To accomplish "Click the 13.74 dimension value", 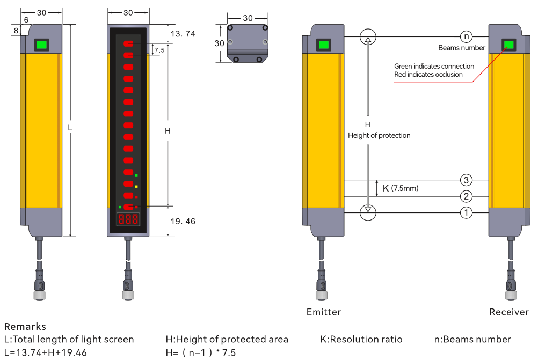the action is (x=183, y=34).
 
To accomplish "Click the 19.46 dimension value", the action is (x=183, y=221).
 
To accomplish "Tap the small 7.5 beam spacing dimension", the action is (x=159, y=50).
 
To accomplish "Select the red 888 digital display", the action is (x=128, y=219).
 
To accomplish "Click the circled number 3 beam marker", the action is (x=466, y=180).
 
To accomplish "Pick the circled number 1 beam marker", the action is (x=466, y=212).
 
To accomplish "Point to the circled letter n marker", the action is (x=466, y=36).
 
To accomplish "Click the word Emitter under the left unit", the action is (x=324, y=312).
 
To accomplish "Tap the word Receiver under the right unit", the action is (x=509, y=312).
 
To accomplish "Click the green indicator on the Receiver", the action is (x=508, y=45).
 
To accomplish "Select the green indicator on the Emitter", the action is (x=324, y=45).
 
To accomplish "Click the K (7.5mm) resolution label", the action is (x=401, y=188).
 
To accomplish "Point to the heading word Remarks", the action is (x=25, y=326).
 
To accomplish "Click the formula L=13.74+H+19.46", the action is (x=45, y=352).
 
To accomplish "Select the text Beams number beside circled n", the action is (x=461, y=48).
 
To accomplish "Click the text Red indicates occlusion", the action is (x=428, y=75).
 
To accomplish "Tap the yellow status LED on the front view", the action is (x=136, y=187).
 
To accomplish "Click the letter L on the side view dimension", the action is (x=70, y=128).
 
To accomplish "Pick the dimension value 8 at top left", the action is (x=16, y=31).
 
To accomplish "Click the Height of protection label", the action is (x=379, y=135).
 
